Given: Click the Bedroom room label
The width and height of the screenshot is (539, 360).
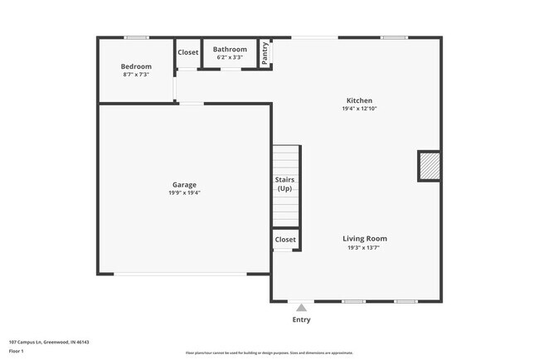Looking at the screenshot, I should click(x=136, y=66).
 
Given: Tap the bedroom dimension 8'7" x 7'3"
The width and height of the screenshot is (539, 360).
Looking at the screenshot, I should click(x=136, y=75).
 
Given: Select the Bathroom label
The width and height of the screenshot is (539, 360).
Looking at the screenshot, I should click(x=230, y=50).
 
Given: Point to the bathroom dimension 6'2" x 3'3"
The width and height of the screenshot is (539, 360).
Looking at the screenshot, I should click(x=230, y=57).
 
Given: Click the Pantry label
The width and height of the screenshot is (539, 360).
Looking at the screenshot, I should click(x=265, y=53).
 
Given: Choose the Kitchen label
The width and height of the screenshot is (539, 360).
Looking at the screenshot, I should click(x=359, y=100).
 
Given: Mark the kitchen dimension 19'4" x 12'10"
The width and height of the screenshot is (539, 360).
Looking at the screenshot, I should click(x=359, y=109).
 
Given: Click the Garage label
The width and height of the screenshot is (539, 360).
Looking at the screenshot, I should click(x=184, y=184).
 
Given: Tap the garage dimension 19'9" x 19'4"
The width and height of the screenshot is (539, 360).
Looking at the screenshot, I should click(x=184, y=192).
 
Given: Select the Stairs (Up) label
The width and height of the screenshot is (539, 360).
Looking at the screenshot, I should click(x=284, y=184).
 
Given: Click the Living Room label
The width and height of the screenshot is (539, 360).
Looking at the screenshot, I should click(x=365, y=239).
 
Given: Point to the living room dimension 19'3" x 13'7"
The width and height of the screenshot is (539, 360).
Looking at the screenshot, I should click(x=365, y=247).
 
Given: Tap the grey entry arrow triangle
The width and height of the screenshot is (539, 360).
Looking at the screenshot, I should click(x=301, y=307).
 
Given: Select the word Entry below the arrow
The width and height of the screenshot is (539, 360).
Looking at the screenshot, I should click(x=301, y=319).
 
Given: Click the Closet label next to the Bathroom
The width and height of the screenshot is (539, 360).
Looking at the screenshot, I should click(x=188, y=53).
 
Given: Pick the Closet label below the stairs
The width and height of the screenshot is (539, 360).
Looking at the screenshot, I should click(x=285, y=240).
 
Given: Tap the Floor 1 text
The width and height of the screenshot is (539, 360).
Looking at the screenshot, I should click(x=17, y=351).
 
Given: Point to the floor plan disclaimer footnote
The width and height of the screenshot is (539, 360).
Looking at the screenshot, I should click(x=269, y=353).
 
